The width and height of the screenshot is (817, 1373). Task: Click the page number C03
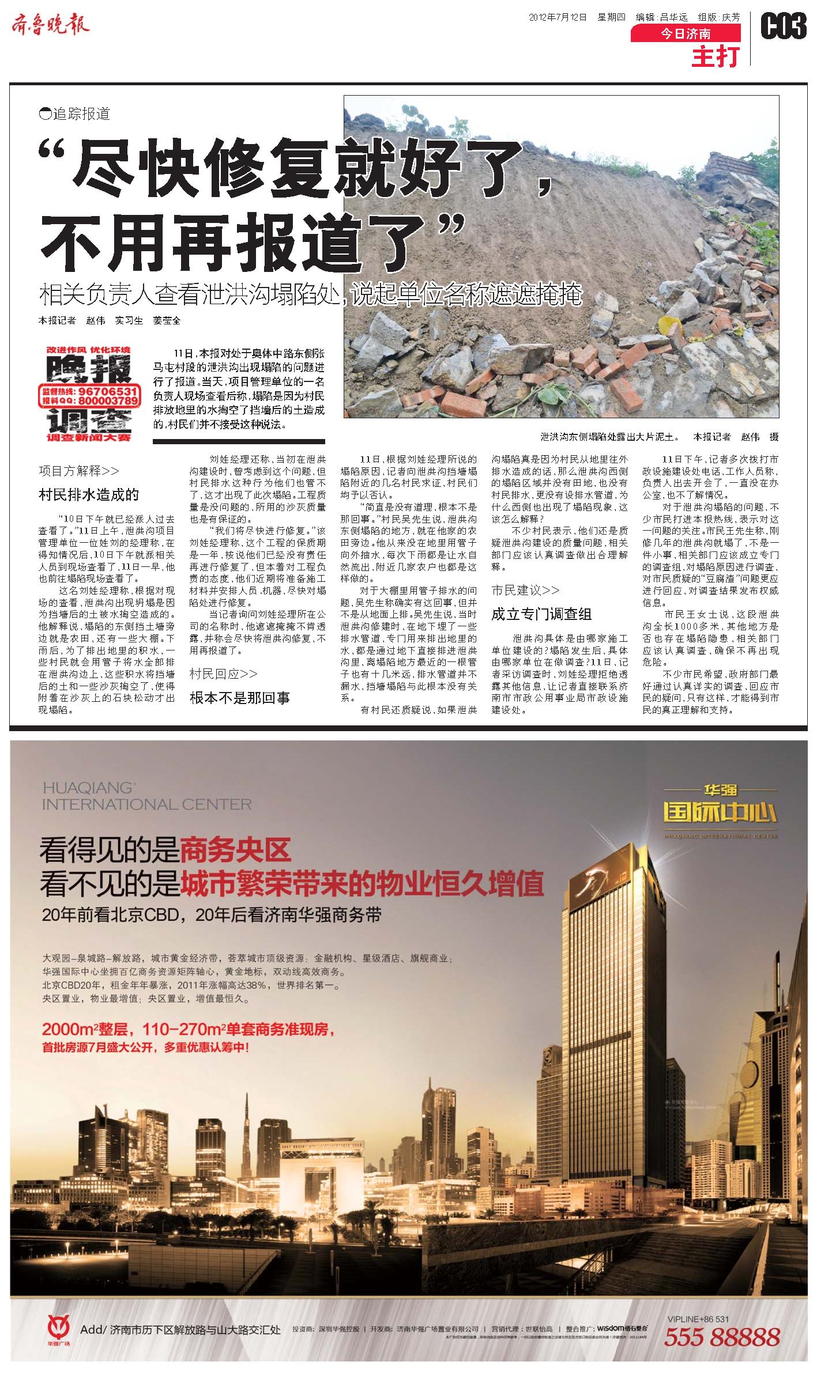[783, 27]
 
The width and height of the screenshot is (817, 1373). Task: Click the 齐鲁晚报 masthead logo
[51, 26]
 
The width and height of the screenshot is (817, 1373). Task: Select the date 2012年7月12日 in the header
[558, 17]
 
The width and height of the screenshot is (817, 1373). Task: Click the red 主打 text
[715, 56]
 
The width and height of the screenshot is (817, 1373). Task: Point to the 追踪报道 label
[75, 114]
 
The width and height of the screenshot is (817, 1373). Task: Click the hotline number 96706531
[107, 391]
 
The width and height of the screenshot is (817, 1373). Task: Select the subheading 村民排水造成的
[89, 494]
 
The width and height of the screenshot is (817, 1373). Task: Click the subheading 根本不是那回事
[240, 698]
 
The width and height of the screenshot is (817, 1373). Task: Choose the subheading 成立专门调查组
[541, 614]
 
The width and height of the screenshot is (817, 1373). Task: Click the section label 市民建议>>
[525, 590]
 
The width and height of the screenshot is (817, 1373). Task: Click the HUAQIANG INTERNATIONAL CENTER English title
[146, 796]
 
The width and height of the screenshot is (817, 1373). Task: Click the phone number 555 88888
[722, 1336]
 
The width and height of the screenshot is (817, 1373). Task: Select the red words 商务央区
[236, 850]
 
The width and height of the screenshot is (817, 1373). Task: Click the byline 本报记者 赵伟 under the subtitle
[72, 320]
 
